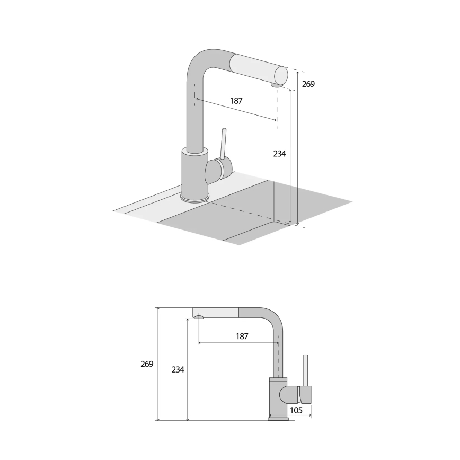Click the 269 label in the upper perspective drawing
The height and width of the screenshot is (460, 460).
308,83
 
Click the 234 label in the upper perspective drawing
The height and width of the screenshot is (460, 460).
279,154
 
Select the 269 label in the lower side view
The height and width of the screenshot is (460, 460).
147,364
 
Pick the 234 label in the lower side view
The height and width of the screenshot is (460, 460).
178,369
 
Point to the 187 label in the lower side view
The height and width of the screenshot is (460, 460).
241,336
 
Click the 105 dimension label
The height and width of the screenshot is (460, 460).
296,410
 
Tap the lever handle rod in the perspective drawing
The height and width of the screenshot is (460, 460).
223,143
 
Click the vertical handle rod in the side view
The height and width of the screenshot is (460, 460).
305,370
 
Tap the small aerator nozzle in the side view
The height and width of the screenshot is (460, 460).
199,317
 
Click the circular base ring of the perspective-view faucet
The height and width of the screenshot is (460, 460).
195,199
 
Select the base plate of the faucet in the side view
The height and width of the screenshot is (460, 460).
278,418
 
